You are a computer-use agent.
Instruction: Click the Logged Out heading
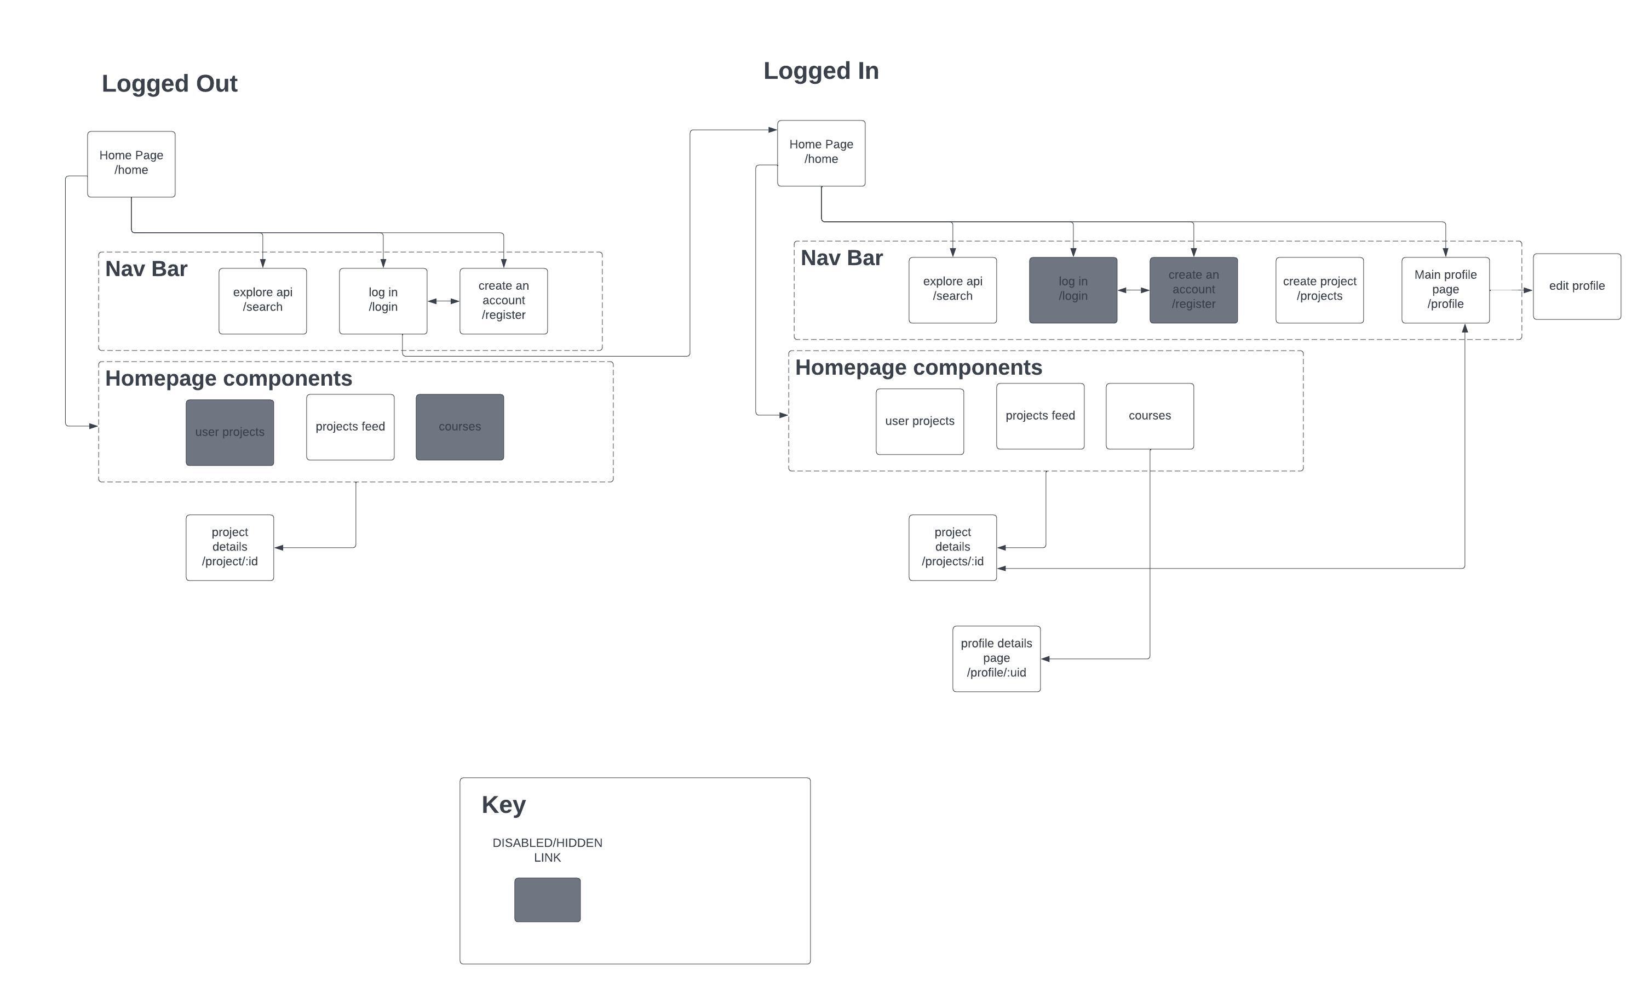(169, 84)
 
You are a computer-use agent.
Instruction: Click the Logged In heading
(821, 71)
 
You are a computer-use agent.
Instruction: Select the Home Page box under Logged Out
(131, 163)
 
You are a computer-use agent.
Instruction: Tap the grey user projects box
(229, 432)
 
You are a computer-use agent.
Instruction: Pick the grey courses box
(459, 427)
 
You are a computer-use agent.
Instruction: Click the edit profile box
(1576, 286)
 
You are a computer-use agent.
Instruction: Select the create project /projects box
(1319, 290)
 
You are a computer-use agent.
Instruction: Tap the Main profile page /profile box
(1445, 290)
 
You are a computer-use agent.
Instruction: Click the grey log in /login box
(1072, 290)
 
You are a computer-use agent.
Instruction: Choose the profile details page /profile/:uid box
(996, 658)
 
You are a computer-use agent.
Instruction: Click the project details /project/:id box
(229, 547)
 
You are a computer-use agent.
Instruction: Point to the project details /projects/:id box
(952, 547)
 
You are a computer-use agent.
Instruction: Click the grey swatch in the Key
(547, 899)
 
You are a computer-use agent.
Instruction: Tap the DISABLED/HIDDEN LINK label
(547, 850)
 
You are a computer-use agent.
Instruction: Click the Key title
(503, 805)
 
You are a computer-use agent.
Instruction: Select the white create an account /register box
(503, 300)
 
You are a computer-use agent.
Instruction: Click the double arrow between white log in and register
(443, 301)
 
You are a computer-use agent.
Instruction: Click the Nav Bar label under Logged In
(841, 258)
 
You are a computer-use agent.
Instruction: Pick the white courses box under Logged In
(1150, 416)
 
